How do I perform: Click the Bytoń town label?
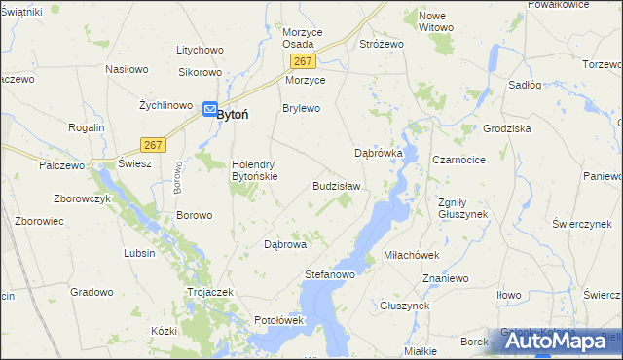tap(232, 114)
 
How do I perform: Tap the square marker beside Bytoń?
tap(208, 111)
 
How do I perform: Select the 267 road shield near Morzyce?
tap(300, 61)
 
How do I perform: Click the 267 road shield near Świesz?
tap(151, 144)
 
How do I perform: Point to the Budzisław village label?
tap(336, 186)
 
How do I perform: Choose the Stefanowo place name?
tap(329, 275)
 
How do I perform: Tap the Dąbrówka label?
tap(378, 154)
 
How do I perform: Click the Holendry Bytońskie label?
tap(254, 170)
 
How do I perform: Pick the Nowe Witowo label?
tap(435, 21)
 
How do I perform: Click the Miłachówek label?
tap(412, 254)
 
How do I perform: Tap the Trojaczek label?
tap(209, 292)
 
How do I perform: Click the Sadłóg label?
tap(525, 85)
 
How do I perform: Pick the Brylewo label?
tap(301, 108)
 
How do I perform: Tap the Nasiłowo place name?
tap(127, 70)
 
